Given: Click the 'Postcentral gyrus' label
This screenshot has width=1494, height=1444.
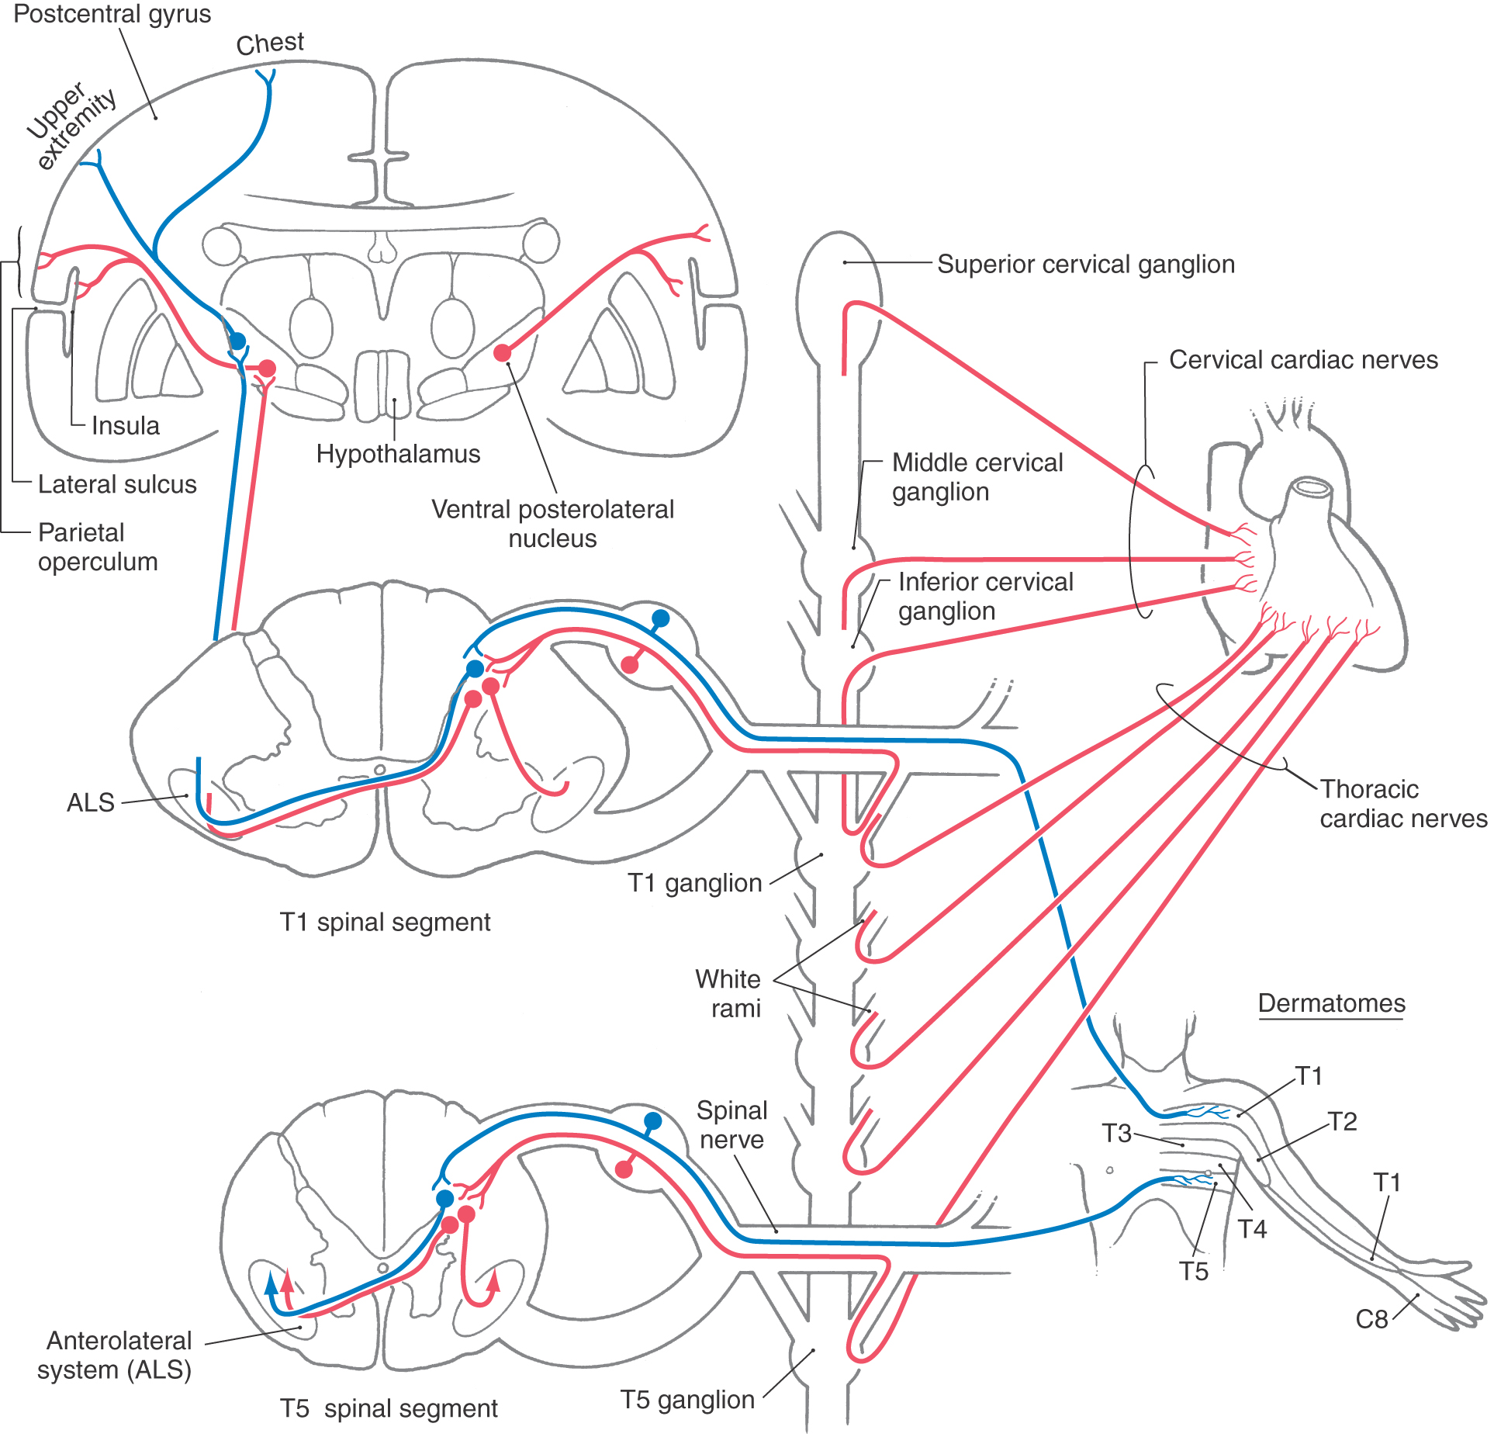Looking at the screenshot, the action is (112, 15).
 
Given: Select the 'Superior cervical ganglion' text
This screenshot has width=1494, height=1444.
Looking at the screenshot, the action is (1086, 265).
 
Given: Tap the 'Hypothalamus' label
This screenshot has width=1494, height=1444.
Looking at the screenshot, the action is (398, 454).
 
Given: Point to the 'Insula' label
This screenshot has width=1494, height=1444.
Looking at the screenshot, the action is (126, 425).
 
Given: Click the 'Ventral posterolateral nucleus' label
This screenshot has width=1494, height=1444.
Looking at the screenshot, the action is (552, 524).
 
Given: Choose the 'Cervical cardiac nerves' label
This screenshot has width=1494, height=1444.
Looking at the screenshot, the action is (1303, 360).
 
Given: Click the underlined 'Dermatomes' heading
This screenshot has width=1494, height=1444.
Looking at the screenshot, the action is (1332, 1003).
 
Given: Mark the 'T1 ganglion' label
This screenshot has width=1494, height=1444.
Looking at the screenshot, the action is (695, 883).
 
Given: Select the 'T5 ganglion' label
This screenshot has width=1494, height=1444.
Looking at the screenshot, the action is (687, 1400).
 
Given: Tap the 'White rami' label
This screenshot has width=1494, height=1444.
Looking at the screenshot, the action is (728, 994).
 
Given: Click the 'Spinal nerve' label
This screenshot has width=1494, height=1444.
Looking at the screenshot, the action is (731, 1125).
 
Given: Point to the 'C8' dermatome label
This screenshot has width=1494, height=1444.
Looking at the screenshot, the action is (1371, 1319).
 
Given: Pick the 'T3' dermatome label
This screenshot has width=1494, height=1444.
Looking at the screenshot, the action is (1117, 1134).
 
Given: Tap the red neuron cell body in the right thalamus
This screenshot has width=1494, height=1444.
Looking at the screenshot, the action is (503, 353).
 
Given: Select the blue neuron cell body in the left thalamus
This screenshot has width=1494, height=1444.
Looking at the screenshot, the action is (237, 341).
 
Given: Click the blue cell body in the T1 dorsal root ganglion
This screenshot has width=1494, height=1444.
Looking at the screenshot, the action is (660, 618).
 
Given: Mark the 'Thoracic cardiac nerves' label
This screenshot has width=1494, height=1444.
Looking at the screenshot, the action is (1403, 804).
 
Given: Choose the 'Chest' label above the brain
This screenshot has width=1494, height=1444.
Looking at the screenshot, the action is (270, 43).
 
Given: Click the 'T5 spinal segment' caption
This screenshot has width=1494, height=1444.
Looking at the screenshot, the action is (389, 1408).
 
